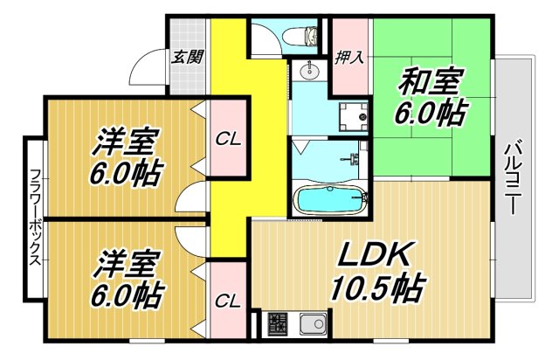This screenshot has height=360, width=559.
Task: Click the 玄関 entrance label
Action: coord(188,58)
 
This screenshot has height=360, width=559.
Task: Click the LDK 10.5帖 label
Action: coord(376,271)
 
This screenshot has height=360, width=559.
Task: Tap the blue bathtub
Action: coord(330,200)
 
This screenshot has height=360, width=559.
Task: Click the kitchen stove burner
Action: coord(278,324)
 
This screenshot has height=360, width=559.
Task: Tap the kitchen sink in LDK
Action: coord(312,325)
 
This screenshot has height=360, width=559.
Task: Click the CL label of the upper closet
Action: coord(229,138)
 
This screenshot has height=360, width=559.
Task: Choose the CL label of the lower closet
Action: coord(229,301)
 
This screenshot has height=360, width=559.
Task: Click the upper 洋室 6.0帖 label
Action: coord(127,156)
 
